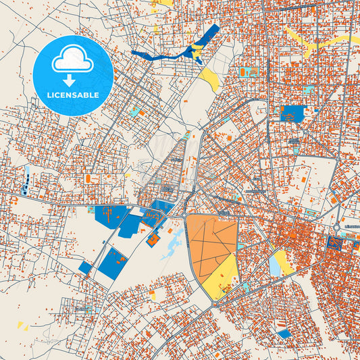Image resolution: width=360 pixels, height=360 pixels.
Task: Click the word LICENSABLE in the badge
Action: [72, 95]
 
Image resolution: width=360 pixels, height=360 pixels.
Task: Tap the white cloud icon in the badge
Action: [72, 61]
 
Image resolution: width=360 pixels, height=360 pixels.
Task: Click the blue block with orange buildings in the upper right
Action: [292, 114]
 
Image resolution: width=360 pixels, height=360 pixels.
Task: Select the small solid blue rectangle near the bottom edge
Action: [285, 333]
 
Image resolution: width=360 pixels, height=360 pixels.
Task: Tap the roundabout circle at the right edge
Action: [337, 228]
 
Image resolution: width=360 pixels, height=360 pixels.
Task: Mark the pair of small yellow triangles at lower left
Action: [23, 326]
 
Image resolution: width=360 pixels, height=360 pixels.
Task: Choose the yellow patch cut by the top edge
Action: [163, 3]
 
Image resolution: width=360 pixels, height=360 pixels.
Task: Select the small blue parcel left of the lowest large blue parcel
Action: [84, 267]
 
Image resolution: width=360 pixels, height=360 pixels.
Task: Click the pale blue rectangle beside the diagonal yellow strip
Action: [275, 265]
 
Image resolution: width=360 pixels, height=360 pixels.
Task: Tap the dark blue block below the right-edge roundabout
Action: [334, 243]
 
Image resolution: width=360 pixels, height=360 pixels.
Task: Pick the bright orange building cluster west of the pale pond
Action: [154, 238]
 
